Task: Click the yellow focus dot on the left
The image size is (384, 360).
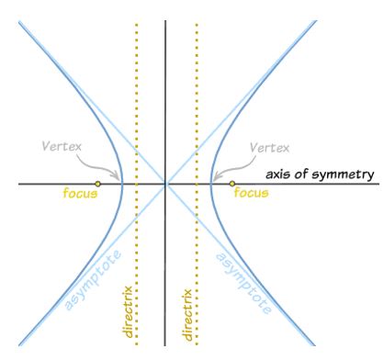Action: point(98,185)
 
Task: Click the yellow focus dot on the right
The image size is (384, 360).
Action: point(232,185)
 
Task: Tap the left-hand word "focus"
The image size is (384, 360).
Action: point(78,194)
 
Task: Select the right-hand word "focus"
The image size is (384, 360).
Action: point(251,194)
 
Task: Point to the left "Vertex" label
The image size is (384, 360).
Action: point(62,146)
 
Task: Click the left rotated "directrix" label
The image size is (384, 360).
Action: point(129,313)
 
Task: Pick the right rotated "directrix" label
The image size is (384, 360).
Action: point(189,313)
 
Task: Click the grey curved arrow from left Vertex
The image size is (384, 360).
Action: point(104,163)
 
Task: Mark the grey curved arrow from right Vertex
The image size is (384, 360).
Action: point(226,163)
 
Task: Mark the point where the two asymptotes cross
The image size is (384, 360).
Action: point(165,185)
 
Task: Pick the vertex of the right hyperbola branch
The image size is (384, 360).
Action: point(209,185)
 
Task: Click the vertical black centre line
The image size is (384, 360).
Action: point(165,92)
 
